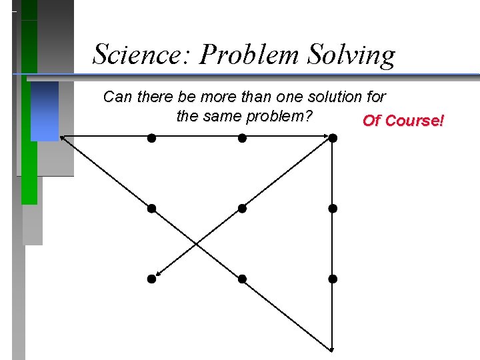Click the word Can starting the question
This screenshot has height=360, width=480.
(x=117, y=97)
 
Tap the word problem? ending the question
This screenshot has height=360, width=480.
(x=280, y=116)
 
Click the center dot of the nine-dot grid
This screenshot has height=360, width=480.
(x=243, y=209)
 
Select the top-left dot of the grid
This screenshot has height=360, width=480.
(x=152, y=138)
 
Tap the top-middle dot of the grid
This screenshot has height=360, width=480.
(x=243, y=138)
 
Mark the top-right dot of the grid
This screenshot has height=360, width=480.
(x=333, y=138)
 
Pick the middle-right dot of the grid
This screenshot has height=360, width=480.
(x=333, y=209)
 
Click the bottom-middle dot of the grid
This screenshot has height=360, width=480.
(x=243, y=279)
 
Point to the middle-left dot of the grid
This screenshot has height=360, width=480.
(x=152, y=209)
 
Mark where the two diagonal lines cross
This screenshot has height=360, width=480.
(x=197, y=243)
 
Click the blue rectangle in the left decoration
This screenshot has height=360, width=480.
(x=45, y=111)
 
